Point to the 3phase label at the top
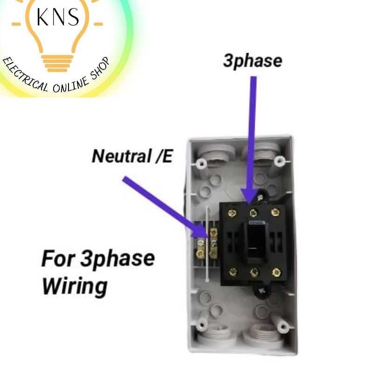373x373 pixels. click(252, 61)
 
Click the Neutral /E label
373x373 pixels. click(132, 156)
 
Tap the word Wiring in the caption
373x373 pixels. click(74, 285)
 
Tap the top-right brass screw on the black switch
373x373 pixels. click(276, 213)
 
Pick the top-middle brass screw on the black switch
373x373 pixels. click(254, 213)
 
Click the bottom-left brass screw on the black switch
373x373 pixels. click(233, 272)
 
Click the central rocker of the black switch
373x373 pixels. click(255, 242)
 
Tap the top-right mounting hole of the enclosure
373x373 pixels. click(279, 162)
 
